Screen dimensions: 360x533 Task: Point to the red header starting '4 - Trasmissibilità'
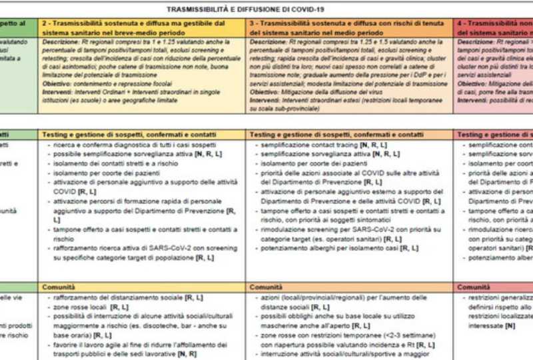[495, 27]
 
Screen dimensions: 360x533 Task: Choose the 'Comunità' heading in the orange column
[266, 287]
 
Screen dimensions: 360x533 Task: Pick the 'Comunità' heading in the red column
[475, 287]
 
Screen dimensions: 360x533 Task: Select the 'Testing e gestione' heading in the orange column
[336, 134]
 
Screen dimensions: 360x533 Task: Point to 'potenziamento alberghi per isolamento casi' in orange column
[340, 248]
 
